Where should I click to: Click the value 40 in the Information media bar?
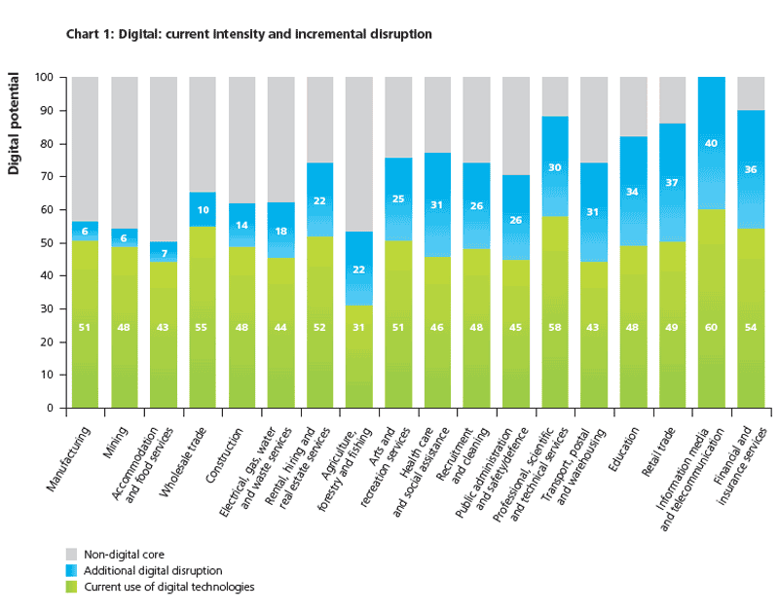(x=712, y=144)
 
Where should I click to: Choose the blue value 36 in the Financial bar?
(x=751, y=169)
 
